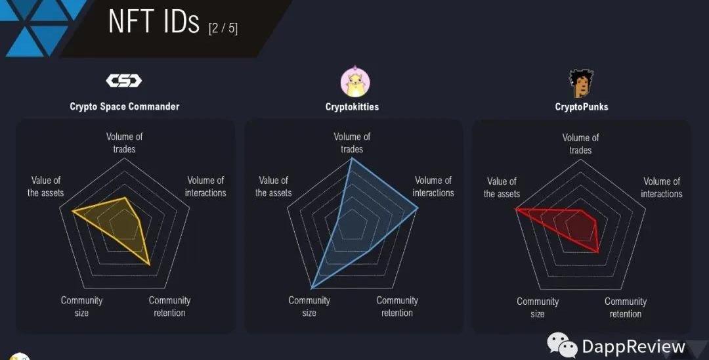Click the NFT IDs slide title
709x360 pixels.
(x=154, y=22)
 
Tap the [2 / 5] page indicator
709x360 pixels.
(x=223, y=28)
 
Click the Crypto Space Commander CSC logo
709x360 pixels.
(x=124, y=81)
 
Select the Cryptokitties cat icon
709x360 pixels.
(x=354, y=82)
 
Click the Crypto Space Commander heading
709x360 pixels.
(x=124, y=106)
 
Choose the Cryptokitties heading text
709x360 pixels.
(x=352, y=106)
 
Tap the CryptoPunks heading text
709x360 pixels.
(x=581, y=106)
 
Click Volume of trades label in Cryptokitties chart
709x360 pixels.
(x=352, y=143)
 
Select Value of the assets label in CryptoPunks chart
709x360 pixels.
(x=502, y=187)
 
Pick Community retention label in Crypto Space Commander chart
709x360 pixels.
(x=169, y=306)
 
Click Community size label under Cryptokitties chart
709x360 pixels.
(x=309, y=306)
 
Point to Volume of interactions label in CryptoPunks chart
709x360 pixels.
(x=661, y=187)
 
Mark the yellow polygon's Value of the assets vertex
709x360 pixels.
(x=72, y=211)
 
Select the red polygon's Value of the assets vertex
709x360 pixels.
(x=516, y=210)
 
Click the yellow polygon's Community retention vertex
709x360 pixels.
(x=150, y=264)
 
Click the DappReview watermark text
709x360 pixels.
(x=633, y=346)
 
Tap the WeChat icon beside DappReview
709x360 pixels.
(x=562, y=346)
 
